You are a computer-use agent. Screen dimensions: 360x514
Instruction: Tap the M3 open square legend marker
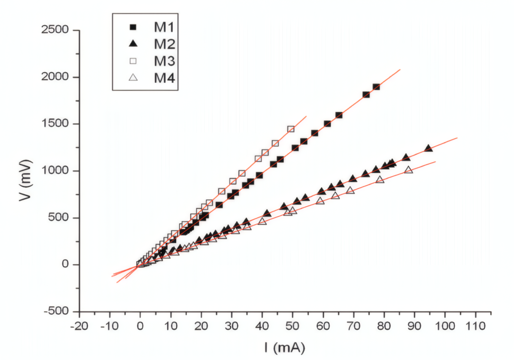coord(134,61)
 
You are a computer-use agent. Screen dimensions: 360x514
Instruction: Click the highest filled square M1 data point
coord(376,87)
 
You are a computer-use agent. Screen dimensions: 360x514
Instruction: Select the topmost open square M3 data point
coord(291,129)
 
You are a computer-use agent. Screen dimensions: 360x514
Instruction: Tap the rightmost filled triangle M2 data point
coord(428,148)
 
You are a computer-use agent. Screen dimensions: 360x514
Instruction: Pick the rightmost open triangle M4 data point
coord(408,170)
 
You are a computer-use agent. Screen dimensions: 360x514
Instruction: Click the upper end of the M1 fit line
coord(400,70)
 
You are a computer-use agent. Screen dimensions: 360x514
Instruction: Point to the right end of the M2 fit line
coord(457,138)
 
